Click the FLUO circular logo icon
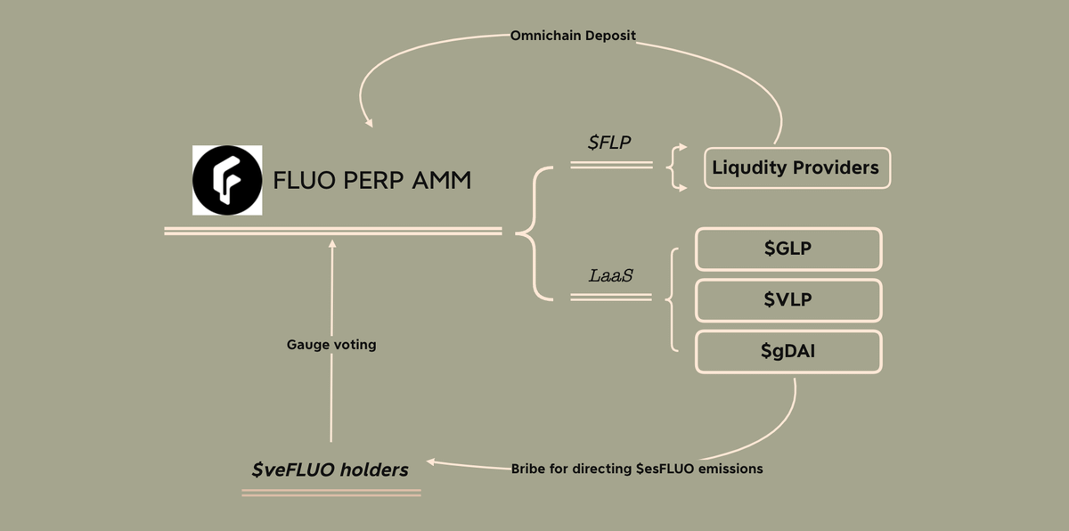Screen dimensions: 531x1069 click(227, 180)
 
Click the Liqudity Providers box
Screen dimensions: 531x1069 click(796, 167)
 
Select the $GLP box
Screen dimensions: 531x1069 click(788, 249)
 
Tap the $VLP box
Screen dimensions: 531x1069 click(788, 300)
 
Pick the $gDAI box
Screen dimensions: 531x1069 click(788, 352)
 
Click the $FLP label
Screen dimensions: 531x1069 click(610, 143)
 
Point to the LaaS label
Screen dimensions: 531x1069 click(611, 275)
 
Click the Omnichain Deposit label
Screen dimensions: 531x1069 click(573, 36)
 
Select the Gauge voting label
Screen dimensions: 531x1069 click(331, 344)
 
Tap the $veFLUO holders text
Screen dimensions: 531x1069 click(330, 469)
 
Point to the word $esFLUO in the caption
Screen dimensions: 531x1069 click(668, 469)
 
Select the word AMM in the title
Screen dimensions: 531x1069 click(442, 181)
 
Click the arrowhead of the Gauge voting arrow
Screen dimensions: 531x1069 click(332, 242)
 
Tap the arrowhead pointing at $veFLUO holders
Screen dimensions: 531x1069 click(431, 462)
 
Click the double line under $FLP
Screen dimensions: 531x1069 click(611, 165)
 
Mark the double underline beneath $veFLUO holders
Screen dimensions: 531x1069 click(331, 491)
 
